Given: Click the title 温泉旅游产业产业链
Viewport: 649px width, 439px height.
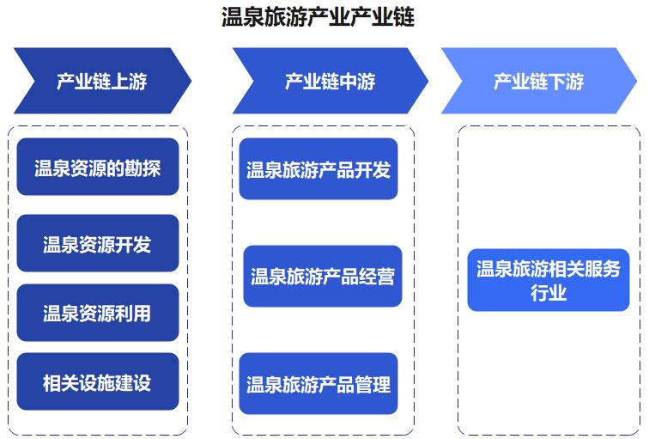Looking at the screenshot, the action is pos(318,17).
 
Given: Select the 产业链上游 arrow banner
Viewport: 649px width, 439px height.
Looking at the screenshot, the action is pos(103,81).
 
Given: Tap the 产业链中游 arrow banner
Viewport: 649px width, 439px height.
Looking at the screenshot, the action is pos(331,81).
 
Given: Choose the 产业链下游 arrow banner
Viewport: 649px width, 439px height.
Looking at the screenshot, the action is pos(539,81).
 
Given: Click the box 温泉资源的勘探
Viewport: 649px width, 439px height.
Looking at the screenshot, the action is pos(98,167).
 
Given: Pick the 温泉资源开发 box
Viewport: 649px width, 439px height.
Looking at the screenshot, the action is pos(98,243).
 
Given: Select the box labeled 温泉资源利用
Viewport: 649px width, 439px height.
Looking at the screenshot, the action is pos(98,313).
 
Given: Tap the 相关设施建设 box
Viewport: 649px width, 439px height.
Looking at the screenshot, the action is pos(98,381).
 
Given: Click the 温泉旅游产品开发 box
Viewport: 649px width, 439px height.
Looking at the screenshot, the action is pos(318,168).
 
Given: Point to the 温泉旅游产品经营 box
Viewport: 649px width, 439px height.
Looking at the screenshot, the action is pos(323,277).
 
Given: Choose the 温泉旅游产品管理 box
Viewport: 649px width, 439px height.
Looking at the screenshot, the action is pos(318,383).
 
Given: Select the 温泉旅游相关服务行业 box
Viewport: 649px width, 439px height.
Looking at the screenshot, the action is pos(549,280).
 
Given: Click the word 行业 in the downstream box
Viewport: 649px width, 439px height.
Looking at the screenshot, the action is pos(549,293).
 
